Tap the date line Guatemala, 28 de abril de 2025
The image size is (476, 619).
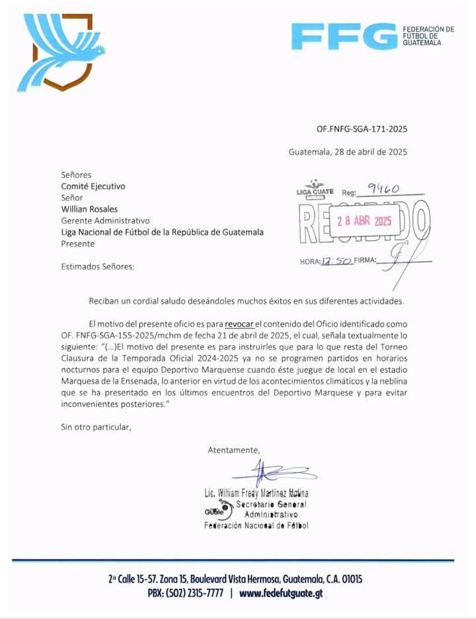[348, 151]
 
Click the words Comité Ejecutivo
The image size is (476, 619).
[93, 186]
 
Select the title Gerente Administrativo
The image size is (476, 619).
[106, 220]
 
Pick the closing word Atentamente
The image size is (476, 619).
[234, 450]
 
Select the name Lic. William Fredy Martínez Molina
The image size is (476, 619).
[257, 493]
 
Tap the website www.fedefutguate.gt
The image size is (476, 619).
[281, 593]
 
